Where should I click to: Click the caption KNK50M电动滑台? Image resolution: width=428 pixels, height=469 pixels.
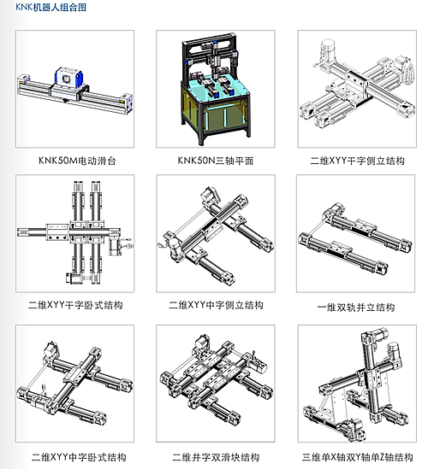coord(75,160)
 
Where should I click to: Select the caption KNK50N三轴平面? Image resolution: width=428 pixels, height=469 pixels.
coord(216,160)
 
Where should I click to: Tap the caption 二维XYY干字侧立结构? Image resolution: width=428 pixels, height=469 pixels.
coord(357,160)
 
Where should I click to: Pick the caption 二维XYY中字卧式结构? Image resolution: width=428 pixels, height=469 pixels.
coord(75,456)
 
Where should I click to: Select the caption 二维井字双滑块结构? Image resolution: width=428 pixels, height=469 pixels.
coord(216,456)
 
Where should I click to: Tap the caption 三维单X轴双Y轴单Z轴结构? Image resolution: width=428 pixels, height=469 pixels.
coord(357,456)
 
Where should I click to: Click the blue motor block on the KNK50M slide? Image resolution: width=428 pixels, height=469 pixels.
coord(68,76)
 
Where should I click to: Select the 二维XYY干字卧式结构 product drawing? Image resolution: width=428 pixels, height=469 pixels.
coord(75,233)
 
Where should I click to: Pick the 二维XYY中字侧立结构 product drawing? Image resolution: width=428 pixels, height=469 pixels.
coord(216,233)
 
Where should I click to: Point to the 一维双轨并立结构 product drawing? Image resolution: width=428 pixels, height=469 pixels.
coord(357,233)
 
